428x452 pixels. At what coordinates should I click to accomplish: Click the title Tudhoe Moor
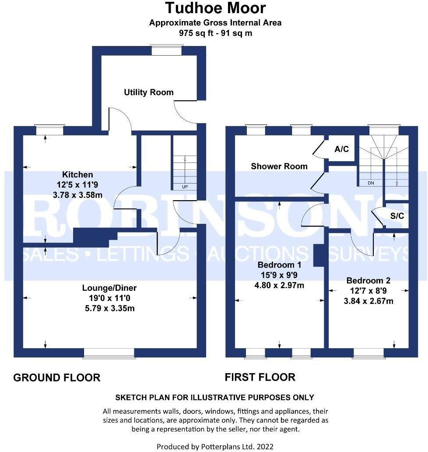(x=215, y=8)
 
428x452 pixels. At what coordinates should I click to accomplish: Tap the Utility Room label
(x=148, y=92)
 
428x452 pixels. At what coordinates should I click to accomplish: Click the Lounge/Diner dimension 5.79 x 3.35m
(x=109, y=308)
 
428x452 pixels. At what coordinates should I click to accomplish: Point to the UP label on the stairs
(x=185, y=187)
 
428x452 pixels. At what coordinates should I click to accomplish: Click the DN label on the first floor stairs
(x=371, y=183)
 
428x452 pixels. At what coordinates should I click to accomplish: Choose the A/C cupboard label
(x=341, y=149)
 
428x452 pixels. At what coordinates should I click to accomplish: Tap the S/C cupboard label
(x=396, y=216)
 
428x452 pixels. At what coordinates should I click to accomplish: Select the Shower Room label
(x=279, y=166)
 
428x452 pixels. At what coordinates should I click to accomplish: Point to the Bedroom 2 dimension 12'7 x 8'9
(x=368, y=291)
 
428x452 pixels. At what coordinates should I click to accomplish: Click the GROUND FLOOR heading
(x=57, y=378)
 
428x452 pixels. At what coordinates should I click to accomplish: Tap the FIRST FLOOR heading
(x=260, y=377)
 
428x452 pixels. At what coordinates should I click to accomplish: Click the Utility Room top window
(x=166, y=50)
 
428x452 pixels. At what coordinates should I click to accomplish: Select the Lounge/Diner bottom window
(x=109, y=353)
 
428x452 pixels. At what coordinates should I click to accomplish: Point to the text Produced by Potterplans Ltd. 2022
(x=215, y=446)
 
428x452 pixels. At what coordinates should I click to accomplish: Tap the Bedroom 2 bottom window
(x=368, y=353)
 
